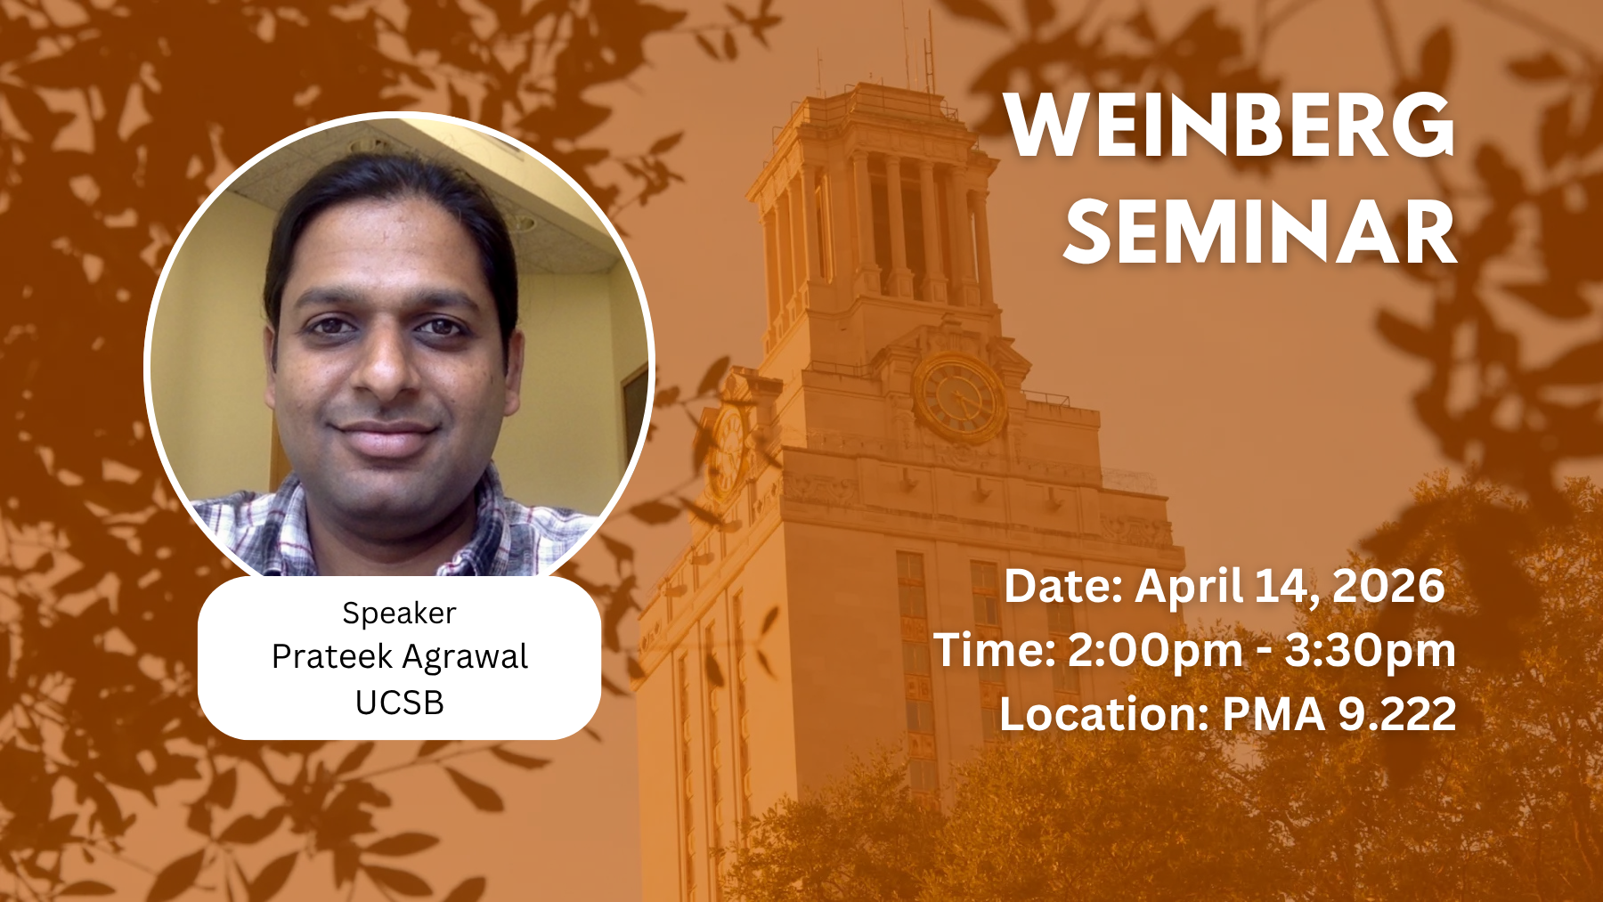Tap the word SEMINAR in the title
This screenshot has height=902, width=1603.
coord(1260,232)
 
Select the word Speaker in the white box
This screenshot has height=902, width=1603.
coord(399,614)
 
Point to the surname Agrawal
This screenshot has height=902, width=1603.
coord(465,658)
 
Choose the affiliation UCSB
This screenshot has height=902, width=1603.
coord(400,703)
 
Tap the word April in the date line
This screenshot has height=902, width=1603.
coord(1189,587)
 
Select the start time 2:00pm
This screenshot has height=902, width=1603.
coord(1154,651)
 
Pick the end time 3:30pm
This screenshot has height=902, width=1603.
coord(1370,651)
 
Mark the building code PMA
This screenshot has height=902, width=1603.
coord(1274,714)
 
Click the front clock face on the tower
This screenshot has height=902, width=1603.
coord(960,397)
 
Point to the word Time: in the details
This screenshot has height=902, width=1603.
coord(994,650)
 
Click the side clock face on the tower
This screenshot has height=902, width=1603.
coord(728,450)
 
